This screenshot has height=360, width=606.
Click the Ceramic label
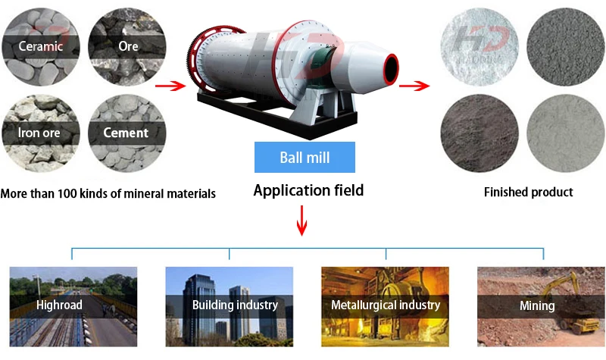point(41,45)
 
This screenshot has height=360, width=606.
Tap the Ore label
point(128,45)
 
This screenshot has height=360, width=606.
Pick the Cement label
point(126,133)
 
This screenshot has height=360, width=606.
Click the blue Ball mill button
point(305,158)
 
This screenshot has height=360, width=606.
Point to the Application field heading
point(308,191)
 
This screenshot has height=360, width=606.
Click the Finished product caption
point(528,193)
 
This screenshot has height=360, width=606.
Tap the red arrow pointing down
point(303,221)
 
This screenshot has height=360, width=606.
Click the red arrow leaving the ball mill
point(414,85)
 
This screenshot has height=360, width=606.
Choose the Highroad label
point(59,305)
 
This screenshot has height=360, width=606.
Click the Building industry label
point(235,305)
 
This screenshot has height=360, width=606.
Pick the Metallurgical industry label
point(386,305)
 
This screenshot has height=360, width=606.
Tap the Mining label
point(537,306)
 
